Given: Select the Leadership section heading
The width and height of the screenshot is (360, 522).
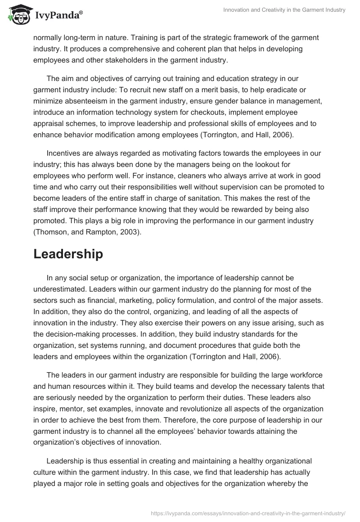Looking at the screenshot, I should pos(68,254).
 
